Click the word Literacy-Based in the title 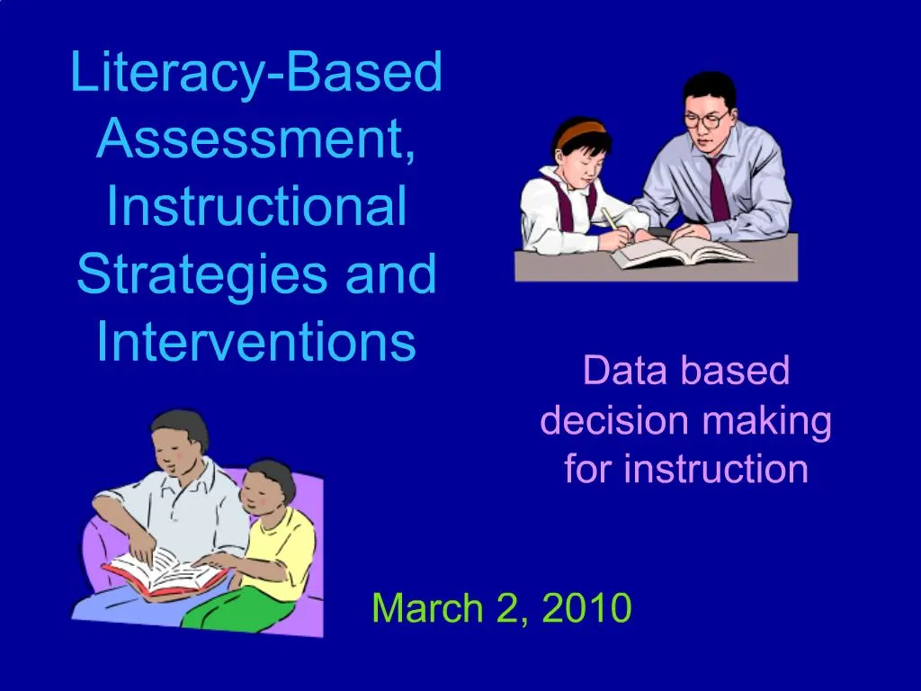pyautogui.click(x=256, y=74)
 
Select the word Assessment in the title pyautogui.click(x=248, y=140)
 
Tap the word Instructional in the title pyautogui.click(x=256, y=206)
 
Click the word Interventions pyautogui.click(x=256, y=341)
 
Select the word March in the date pyautogui.click(x=426, y=609)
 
